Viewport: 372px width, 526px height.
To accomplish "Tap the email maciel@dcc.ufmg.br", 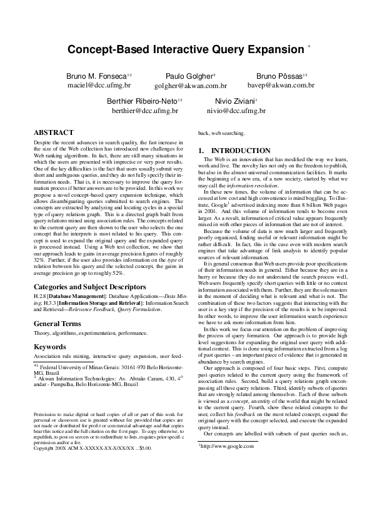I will (x=99, y=84).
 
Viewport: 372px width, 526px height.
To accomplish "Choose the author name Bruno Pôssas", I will (x=279, y=76).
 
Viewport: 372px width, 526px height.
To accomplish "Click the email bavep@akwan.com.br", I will (x=281, y=84).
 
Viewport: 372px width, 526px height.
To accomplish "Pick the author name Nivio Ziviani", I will (x=230, y=101).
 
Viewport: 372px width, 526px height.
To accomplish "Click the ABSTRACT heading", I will (x=53, y=133).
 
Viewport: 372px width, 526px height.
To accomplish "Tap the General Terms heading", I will (x=57, y=324).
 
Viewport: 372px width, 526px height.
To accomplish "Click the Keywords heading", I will (x=49, y=345).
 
